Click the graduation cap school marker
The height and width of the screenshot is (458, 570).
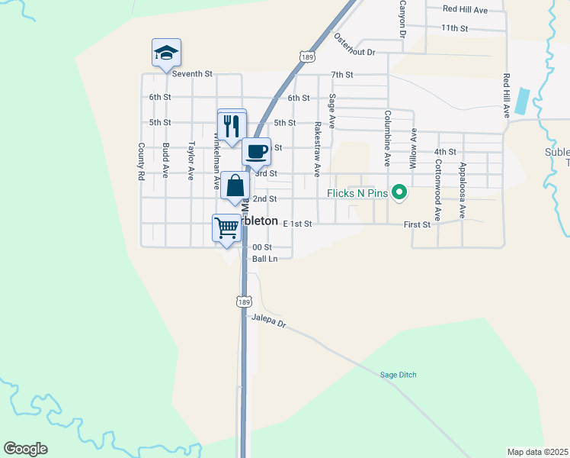[x=166, y=53]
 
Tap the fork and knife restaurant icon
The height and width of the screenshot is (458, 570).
[x=232, y=125]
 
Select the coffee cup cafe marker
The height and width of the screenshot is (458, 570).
[x=256, y=150]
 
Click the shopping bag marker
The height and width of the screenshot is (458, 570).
[x=235, y=185]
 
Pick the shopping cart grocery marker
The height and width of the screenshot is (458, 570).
[x=226, y=227]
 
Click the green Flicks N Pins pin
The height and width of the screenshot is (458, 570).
[x=398, y=192]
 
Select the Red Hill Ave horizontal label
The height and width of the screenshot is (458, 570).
[x=466, y=9]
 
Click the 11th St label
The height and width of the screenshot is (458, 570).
[x=453, y=27]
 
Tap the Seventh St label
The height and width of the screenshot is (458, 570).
[x=191, y=74]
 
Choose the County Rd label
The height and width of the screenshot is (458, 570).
[x=141, y=161]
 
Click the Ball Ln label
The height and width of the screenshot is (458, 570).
[x=264, y=259]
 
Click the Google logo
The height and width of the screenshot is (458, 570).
[x=25, y=449]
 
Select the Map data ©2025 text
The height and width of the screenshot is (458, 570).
[x=536, y=452]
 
